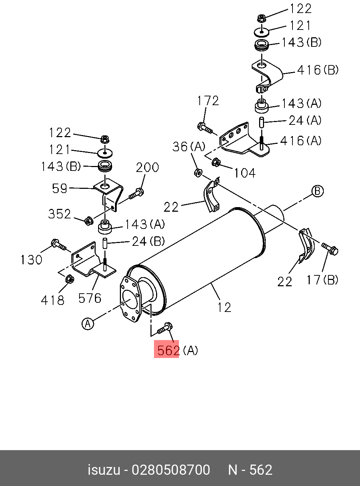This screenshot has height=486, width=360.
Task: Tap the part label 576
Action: pyautogui.click(x=90, y=298)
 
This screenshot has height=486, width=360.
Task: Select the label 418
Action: pyautogui.click(x=53, y=300)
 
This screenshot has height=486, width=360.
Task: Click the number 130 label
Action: pyautogui.click(x=31, y=260)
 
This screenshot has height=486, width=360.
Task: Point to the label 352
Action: pyautogui.click(x=59, y=214)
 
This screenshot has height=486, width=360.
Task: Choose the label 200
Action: pyautogui.click(x=147, y=167)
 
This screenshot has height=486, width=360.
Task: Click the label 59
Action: pyautogui.click(x=59, y=188)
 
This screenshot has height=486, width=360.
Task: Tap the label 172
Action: pyautogui.click(x=208, y=101)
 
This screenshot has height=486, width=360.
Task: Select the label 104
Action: pyautogui.click(x=245, y=173)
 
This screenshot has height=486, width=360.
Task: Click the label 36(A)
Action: pyautogui.click(x=188, y=147)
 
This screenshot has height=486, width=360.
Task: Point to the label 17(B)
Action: pyautogui.click(x=322, y=280)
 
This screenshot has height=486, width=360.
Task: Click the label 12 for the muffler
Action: pyautogui.click(x=224, y=307)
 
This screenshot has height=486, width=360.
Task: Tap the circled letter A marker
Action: pyautogui.click(x=88, y=323)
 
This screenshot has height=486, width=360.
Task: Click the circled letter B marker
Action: pyautogui.click(x=317, y=191)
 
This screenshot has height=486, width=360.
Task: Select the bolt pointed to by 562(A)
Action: pyautogui.click(x=165, y=328)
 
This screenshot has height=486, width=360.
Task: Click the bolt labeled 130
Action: pyautogui.click(x=58, y=245)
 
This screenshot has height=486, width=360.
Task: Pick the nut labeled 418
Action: pyautogui.click(x=69, y=279)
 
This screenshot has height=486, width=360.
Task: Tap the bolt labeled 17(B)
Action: pyautogui.click(x=329, y=249)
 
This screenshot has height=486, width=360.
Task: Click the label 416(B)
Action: pyautogui.click(x=318, y=70)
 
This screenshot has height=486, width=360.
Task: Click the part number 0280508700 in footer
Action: pyautogui.click(x=171, y=470)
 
